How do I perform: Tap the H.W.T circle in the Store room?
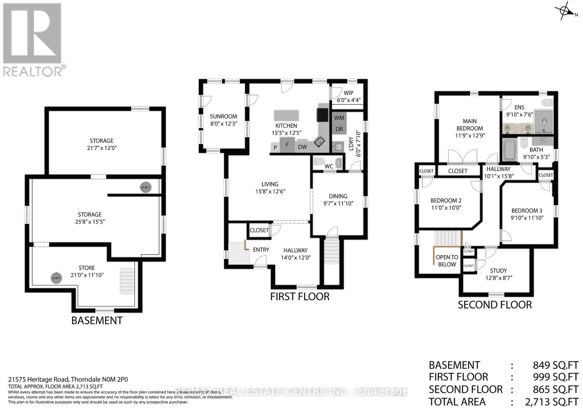(x=56, y=278)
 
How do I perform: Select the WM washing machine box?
(x=339, y=118)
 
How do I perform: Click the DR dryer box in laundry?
(x=339, y=129)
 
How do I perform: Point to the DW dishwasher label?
(x=302, y=147)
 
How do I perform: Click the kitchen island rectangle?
(x=286, y=115)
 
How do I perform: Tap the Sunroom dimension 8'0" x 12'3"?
(x=223, y=124)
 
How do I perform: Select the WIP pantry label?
(x=348, y=93)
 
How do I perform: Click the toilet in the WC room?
(x=319, y=162)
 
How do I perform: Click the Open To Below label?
(x=447, y=261)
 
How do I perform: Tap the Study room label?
(x=498, y=270)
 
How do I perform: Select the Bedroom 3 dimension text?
(x=527, y=218)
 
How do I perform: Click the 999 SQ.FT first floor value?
(x=555, y=377)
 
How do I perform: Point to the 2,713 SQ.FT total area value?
(x=551, y=402)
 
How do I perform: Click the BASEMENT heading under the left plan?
(x=97, y=321)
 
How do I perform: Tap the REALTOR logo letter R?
(x=32, y=33)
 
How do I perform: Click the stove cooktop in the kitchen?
(x=322, y=115)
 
